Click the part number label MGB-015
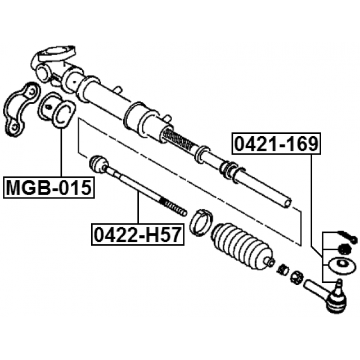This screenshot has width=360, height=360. (49, 187)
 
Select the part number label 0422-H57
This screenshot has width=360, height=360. (138, 235)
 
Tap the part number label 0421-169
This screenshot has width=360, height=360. (276, 143)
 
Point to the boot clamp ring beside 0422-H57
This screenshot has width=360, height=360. (201, 222)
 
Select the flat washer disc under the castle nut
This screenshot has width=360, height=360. (343, 265)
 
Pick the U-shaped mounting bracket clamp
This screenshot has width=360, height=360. (20, 109)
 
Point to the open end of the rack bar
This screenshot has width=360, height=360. (287, 203)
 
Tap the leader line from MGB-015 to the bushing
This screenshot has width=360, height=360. (61, 152)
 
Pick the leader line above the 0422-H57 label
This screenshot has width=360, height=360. (138, 208)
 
